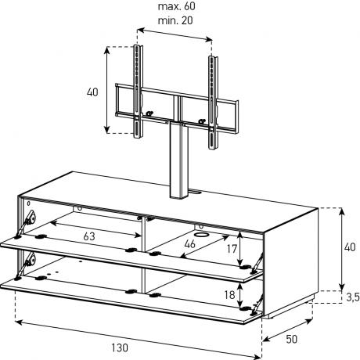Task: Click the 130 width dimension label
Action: (x=120, y=347)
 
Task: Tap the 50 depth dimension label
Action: (x=291, y=339)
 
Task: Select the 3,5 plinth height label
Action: (x=353, y=297)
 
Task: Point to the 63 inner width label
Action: (x=89, y=236)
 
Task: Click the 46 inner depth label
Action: (x=189, y=244)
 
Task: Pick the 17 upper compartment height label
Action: (x=232, y=249)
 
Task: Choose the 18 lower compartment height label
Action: (x=230, y=295)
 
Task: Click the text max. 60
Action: (x=176, y=6)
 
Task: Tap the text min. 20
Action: (x=175, y=20)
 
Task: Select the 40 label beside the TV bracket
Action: (x=92, y=92)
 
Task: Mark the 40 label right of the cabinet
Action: (x=350, y=247)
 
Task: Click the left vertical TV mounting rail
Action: (x=138, y=92)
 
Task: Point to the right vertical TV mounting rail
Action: (x=213, y=103)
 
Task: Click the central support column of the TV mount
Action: (x=179, y=160)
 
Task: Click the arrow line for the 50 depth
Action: (x=288, y=329)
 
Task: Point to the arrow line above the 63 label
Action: (x=95, y=230)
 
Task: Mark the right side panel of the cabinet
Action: (x=291, y=261)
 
